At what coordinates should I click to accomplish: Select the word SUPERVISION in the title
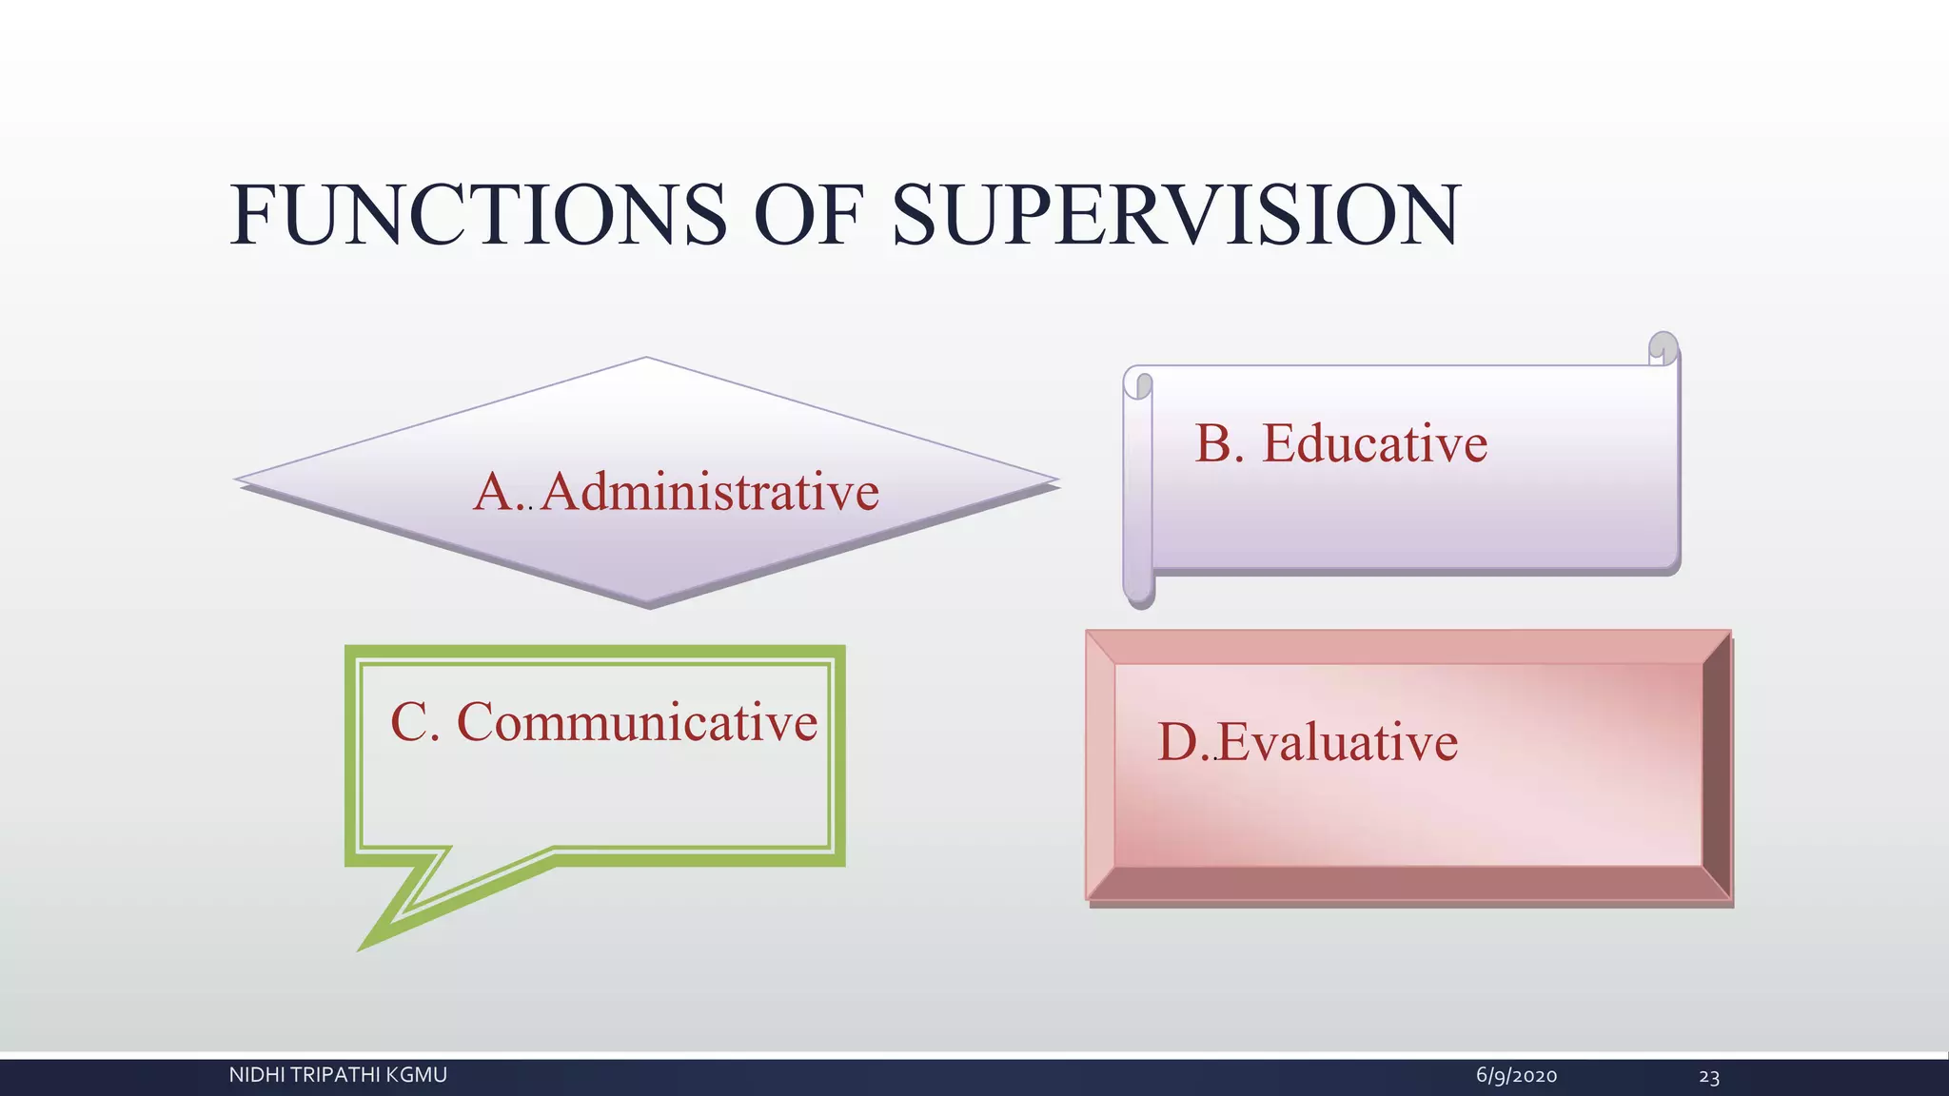coord(1175,216)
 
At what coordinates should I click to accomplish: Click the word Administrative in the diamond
coord(710,493)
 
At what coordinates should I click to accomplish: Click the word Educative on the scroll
coord(1374,444)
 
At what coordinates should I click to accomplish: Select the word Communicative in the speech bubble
coord(637,722)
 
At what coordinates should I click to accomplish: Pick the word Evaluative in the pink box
coord(1337,743)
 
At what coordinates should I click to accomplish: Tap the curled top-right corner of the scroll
coord(1663,349)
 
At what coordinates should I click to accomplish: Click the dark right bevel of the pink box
coord(1716,766)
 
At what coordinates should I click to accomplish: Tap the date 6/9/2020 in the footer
coord(1516,1076)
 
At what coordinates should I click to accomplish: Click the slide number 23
coord(1709,1077)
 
